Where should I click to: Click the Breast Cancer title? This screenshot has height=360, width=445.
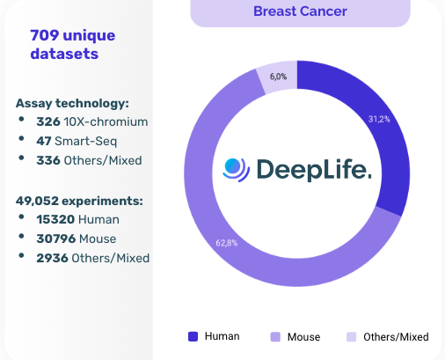point(300,11)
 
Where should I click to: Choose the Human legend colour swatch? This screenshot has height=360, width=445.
point(193,336)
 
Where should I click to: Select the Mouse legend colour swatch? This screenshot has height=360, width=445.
point(274,336)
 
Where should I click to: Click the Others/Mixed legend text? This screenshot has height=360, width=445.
point(396,336)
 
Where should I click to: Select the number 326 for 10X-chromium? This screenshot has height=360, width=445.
point(48,121)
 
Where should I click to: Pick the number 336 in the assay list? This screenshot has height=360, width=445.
point(48,160)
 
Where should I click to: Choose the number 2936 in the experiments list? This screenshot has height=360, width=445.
point(51,258)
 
